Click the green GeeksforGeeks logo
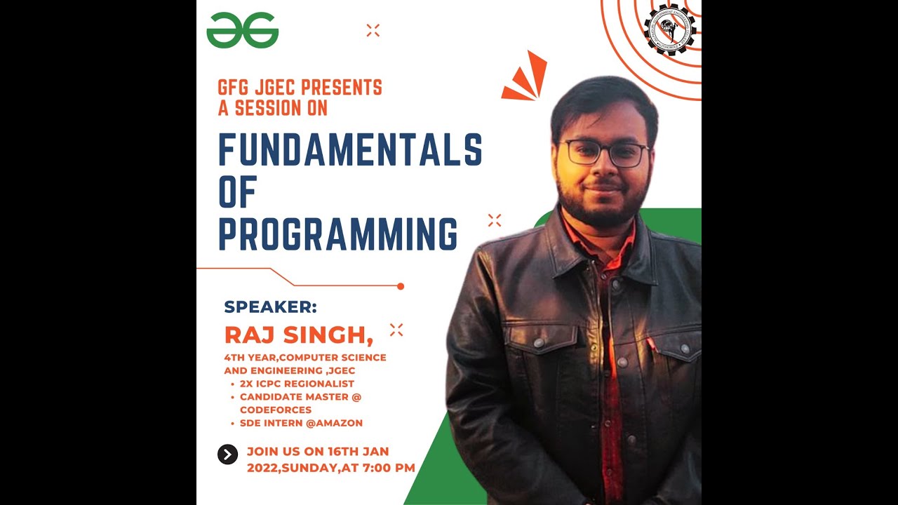coord(243,31)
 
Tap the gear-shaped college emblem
coord(670,29)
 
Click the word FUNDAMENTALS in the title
coord(350,149)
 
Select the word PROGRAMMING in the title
coord(338,234)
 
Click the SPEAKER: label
coord(270,307)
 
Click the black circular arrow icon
coord(227,454)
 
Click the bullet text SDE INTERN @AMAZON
coord(301,423)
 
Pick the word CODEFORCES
coord(276,410)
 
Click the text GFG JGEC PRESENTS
coord(300,88)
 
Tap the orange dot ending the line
coord(401,286)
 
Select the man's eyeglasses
coord(604,153)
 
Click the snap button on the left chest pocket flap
coord(539,343)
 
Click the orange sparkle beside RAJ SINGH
coord(396,330)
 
